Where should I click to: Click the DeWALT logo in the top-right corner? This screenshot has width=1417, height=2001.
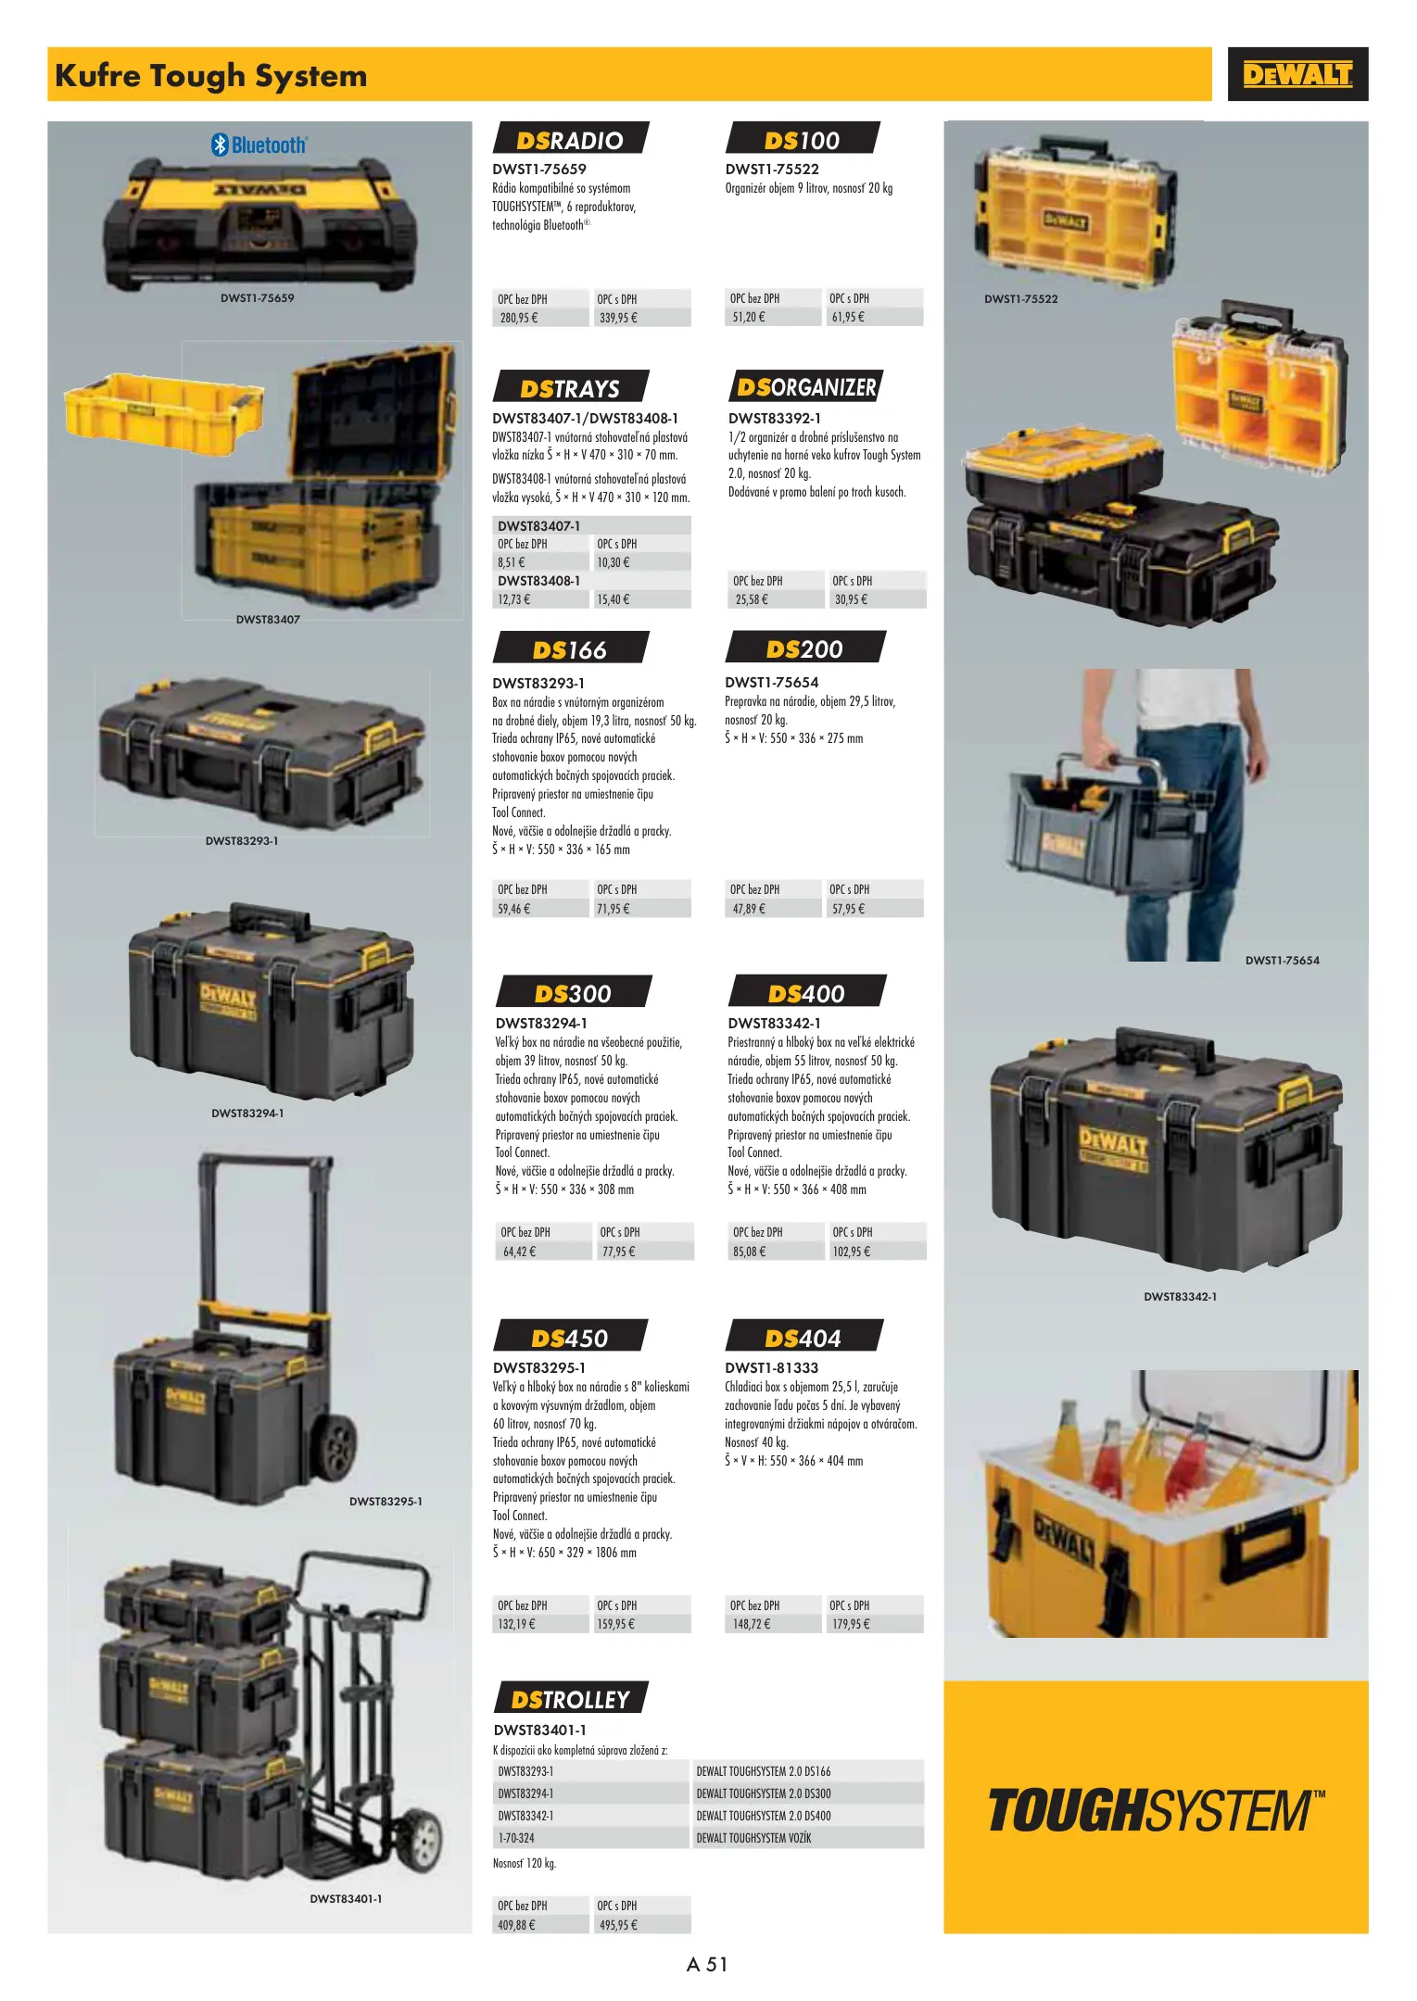pyautogui.click(x=1297, y=74)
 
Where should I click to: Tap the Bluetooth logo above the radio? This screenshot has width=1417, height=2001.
pyautogui.click(x=259, y=145)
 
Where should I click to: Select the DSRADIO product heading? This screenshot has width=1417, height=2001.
pyautogui.click(x=570, y=139)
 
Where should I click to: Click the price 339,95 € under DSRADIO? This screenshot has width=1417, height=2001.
pyautogui.click(x=618, y=318)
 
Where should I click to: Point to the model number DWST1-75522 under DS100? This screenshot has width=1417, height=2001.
pyautogui.click(x=772, y=169)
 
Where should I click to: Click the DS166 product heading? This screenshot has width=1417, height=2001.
pyautogui.click(x=570, y=648)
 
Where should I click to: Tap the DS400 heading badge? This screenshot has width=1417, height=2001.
pyautogui.click(x=806, y=992)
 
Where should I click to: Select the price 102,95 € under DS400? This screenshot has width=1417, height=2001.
pyautogui.click(x=852, y=1252)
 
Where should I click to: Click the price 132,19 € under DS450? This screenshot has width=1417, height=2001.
pyautogui.click(x=517, y=1624)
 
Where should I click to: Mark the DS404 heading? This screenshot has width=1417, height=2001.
pyautogui.click(x=803, y=1337)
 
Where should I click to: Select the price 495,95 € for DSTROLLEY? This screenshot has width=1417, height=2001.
pyautogui.click(x=618, y=1925)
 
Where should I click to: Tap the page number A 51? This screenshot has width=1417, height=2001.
pyautogui.click(x=707, y=1965)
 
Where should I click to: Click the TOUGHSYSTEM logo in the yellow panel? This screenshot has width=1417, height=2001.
pyautogui.click(x=1157, y=1810)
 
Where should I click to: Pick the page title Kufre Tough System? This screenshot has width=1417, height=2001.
pyautogui.click(x=211, y=75)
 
